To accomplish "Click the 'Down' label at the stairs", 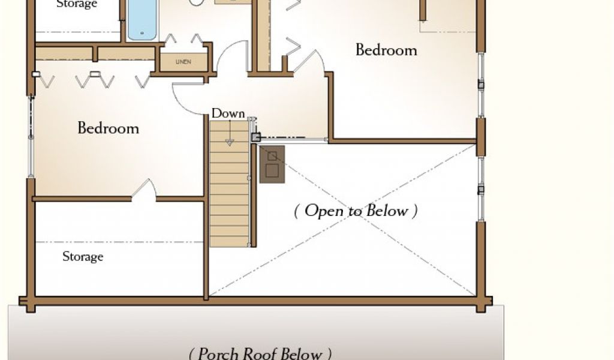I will [x=228, y=113].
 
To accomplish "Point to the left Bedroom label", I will [x=108, y=128].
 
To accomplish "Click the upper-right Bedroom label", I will [x=386, y=49].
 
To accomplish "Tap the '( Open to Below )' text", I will [x=356, y=211].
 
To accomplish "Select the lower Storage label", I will [x=83, y=257].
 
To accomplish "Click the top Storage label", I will [x=77, y=4].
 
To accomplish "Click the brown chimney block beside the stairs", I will [x=273, y=163].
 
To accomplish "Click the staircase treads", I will [x=229, y=192].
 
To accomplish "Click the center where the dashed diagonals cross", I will [x=342, y=220].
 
